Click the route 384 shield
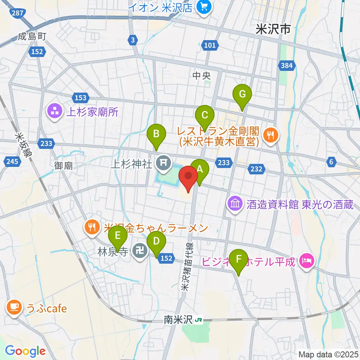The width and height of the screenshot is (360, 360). tap(286, 66)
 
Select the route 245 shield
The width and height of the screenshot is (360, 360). tap(11, 162)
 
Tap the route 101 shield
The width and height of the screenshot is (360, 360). tap(210, 45)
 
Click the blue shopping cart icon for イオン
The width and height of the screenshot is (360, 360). tap(205, 6)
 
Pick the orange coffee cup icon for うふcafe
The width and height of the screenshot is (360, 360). tap(14, 308)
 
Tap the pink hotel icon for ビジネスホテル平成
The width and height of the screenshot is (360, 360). tap(307, 261)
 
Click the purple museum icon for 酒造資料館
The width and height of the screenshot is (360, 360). tap(235, 204)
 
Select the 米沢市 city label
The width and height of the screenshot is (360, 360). tap(273, 29)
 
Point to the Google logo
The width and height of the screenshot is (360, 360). tap(25, 351)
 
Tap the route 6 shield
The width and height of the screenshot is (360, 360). tap(331, 162)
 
